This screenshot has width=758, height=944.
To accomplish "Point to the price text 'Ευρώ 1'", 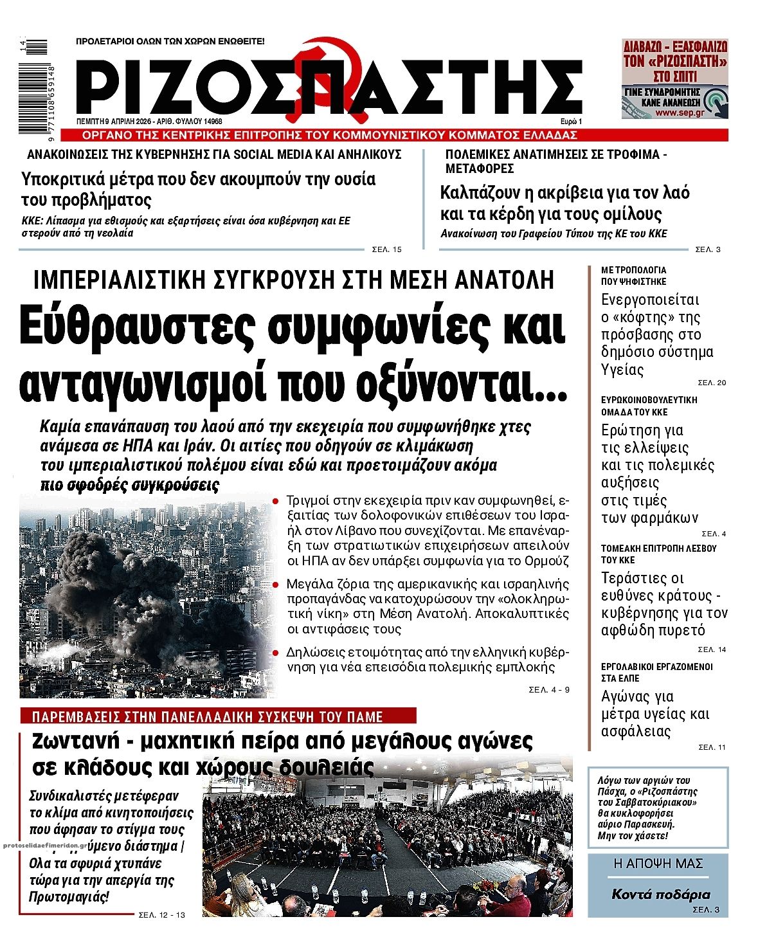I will point(571,122).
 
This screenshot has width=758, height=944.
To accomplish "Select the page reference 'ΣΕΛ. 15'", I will point(386,250).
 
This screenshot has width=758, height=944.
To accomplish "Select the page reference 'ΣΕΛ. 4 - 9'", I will point(549,690).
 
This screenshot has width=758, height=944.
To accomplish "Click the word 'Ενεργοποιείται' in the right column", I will point(650,300).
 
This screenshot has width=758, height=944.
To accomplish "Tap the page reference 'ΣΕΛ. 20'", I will point(712,383).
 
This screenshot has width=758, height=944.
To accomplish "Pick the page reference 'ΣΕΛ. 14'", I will point(712,649).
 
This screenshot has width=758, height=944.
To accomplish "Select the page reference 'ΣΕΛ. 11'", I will point(712,747).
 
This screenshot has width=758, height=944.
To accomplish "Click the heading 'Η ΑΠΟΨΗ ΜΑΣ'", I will point(658,864).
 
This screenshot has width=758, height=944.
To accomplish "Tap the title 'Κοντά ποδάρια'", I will point(660,894).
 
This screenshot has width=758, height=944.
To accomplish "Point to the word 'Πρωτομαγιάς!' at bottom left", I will point(69,897).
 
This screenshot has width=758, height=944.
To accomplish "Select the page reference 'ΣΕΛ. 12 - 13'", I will point(161,915).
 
